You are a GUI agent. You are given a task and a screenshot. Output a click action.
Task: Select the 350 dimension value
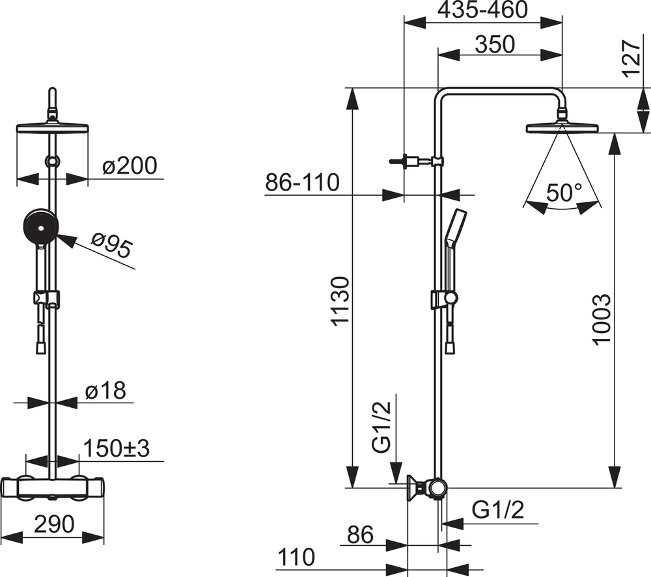[x=495, y=44]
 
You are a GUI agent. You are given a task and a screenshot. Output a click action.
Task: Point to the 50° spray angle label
[x=564, y=193]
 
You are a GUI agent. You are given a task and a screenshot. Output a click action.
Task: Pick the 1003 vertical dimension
[x=602, y=319]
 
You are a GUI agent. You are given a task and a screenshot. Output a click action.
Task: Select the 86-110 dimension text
[x=302, y=182]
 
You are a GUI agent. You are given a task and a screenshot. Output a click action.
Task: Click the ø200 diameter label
[x=130, y=165]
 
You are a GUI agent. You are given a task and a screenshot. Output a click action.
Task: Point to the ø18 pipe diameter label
[x=105, y=390]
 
